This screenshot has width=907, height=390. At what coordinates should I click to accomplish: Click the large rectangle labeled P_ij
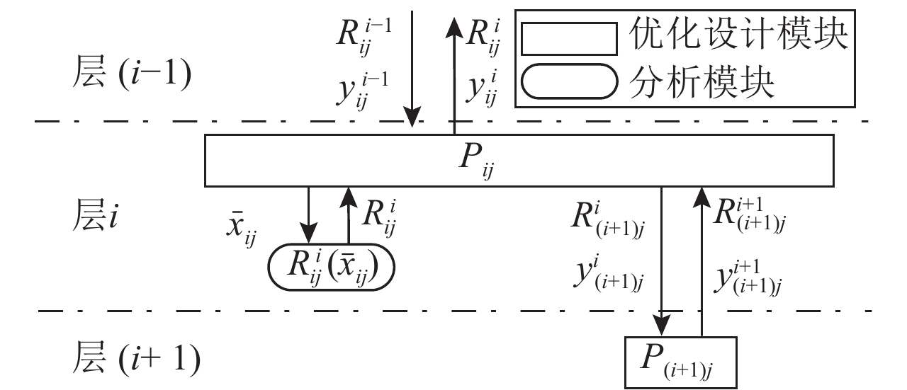tap(519, 161)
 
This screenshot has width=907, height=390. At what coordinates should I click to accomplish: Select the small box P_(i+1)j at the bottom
tap(681, 362)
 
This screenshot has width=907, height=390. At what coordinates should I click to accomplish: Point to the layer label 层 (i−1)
tap(132, 76)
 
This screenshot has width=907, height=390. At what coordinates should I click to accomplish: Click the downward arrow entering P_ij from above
tap(412, 71)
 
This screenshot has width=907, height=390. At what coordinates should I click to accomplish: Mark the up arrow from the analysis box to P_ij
tap(349, 215)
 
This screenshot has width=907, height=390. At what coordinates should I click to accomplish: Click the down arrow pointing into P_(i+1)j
tap(661, 262)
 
